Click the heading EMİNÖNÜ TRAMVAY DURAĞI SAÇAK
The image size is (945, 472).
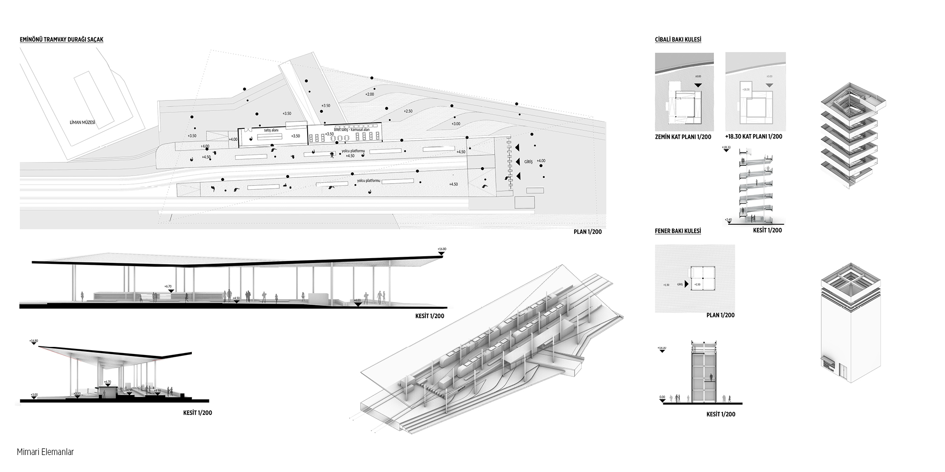pyautogui.click(x=61, y=40)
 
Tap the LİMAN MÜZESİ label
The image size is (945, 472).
pyautogui.click(x=82, y=123)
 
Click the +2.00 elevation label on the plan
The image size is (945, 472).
pyautogui.click(x=369, y=94)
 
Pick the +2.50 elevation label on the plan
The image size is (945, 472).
pyautogui.click(x=408, y=111)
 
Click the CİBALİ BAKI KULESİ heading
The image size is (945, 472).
pyautogui.click(x=678, y=40)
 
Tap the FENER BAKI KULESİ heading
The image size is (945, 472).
pyautogui.click(x=678, y=231)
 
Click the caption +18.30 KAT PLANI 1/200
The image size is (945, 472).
pyautogui.click(x=754, y=136)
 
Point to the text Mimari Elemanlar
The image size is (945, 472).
pyautogui.click(x=45, y=452)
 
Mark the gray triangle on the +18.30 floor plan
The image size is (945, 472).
pyautogui.click(x=770, y=85)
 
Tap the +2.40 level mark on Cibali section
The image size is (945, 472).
pyautogui.click(x=728, y=220)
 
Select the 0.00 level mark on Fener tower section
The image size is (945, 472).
pyautogui.click(x=662, y=397)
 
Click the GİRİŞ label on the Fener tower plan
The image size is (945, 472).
pyautogui.click(x=680, y=285)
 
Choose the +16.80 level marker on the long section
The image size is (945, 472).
pyautogui.click(x=442, y=249)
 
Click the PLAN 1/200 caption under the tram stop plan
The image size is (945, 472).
pyautogui.click(x=588, y=232)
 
